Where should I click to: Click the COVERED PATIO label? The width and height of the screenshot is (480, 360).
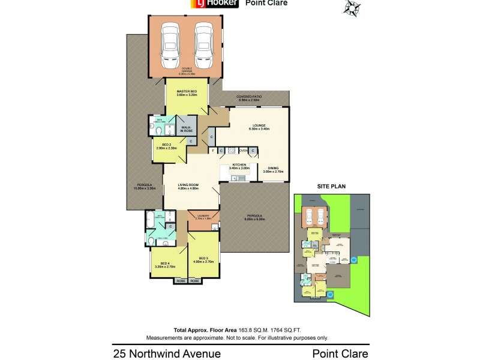[248, 97]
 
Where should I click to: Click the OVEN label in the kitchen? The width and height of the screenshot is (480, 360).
[243, 150]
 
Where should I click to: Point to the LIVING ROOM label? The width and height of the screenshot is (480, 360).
[188, 186]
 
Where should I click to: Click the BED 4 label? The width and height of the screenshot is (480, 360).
[164, 264]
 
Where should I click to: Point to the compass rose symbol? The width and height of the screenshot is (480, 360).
[352, 8]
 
